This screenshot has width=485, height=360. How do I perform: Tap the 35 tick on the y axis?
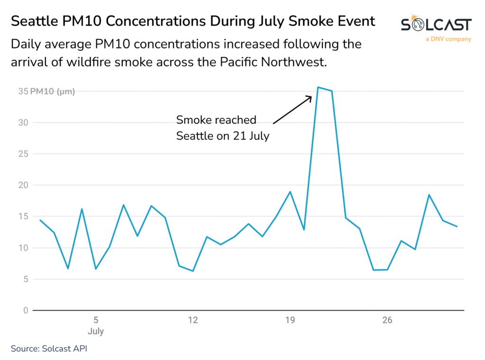[x=23, y=91]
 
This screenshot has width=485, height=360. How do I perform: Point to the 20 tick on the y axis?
[x=23, y=185]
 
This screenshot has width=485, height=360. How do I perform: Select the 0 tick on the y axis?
[x=26, y=310]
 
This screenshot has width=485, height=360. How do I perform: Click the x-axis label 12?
[x=193, y=320]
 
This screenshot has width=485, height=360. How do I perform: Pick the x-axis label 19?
[x=290, y=320]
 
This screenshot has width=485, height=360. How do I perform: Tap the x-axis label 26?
[x=387, y=320]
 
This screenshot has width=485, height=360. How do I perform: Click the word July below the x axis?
[x=96, y=331]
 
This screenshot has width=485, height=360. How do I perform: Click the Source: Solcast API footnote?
[x=49, y=349]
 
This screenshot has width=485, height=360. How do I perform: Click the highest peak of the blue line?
[x=318, y=87]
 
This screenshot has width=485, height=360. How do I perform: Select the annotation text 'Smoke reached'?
[x=216, y=120]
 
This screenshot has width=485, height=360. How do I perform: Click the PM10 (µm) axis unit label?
[x=53, y=91]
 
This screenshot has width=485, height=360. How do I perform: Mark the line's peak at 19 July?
[x=290, y=192]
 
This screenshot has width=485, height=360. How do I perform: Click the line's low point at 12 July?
[x=193, y=271]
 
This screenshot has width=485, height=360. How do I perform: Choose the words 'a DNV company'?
[x=449, y=39]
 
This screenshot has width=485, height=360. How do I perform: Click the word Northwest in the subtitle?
[x=294, y=62]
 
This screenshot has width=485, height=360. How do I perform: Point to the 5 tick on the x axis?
[x=96, y=320]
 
